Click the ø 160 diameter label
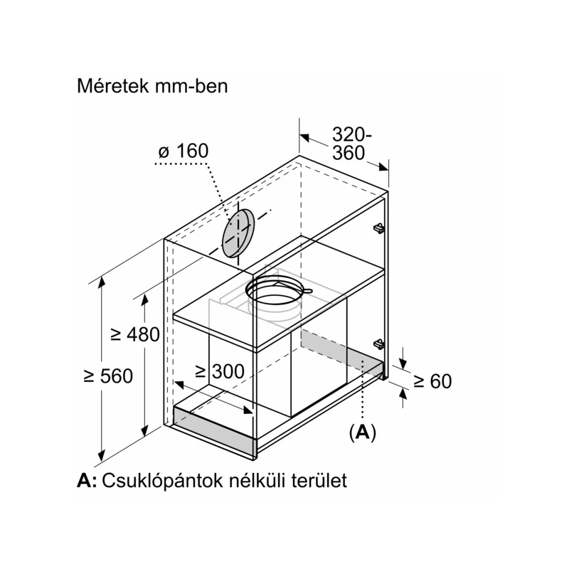tap(184, 151)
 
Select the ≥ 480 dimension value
tap(135, 334)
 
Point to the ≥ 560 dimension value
tap(108, 376)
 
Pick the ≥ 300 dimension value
tap(220, 371)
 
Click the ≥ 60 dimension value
tap(433, 381)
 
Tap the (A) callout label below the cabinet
tap(362, 432)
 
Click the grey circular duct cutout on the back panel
tap(238, 233)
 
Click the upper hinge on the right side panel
tap(378, 228)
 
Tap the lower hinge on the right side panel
tap(378, 344)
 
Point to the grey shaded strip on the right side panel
tap(341, 351)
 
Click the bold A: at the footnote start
tap(87, 481)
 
